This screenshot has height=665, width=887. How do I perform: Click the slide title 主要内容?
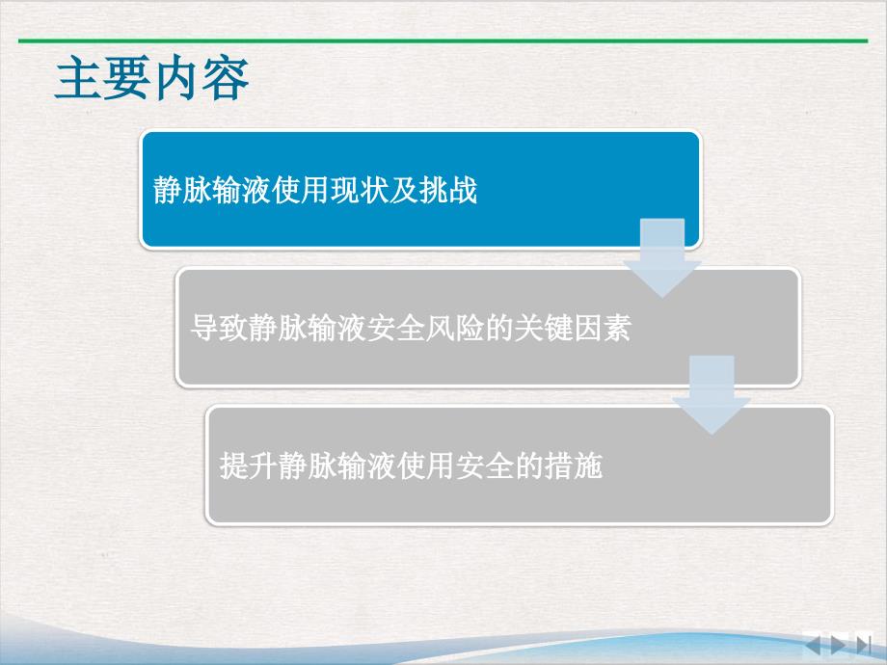[x=152, y=78]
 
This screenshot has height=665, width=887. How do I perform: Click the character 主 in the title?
[x=79, y=78]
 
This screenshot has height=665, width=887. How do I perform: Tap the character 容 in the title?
[x=226, y=78]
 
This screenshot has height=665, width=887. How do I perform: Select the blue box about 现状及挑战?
[x=420, y=190]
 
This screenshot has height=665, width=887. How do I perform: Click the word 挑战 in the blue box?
[x=447, y=190]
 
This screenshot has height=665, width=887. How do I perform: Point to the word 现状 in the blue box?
[x=360, y=190]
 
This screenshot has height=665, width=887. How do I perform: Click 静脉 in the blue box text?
[x=182, y=190]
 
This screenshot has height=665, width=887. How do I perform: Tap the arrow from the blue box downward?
[x=661, y=257]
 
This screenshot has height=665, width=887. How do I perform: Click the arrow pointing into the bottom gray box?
[x=712, y=395]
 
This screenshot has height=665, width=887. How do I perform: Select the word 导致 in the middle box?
[x=220, y=328]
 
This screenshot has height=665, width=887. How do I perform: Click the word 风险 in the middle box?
[x=455, y=328]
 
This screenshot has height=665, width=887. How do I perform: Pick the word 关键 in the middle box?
[x=543, y=328]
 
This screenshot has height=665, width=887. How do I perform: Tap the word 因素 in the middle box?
[x=602, y=328]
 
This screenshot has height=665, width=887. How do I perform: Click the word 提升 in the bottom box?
[x=249, y=465]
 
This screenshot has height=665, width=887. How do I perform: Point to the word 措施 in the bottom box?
[x=573, y=465]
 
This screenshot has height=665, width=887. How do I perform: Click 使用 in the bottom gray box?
[x=425, y=465]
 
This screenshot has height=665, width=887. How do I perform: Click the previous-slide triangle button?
[x=814, y=644]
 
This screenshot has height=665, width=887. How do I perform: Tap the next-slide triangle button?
[x=839, y=644]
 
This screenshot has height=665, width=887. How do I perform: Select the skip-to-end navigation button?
[x=864, y=644]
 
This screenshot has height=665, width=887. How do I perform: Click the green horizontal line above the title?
[x=443, y=40]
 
